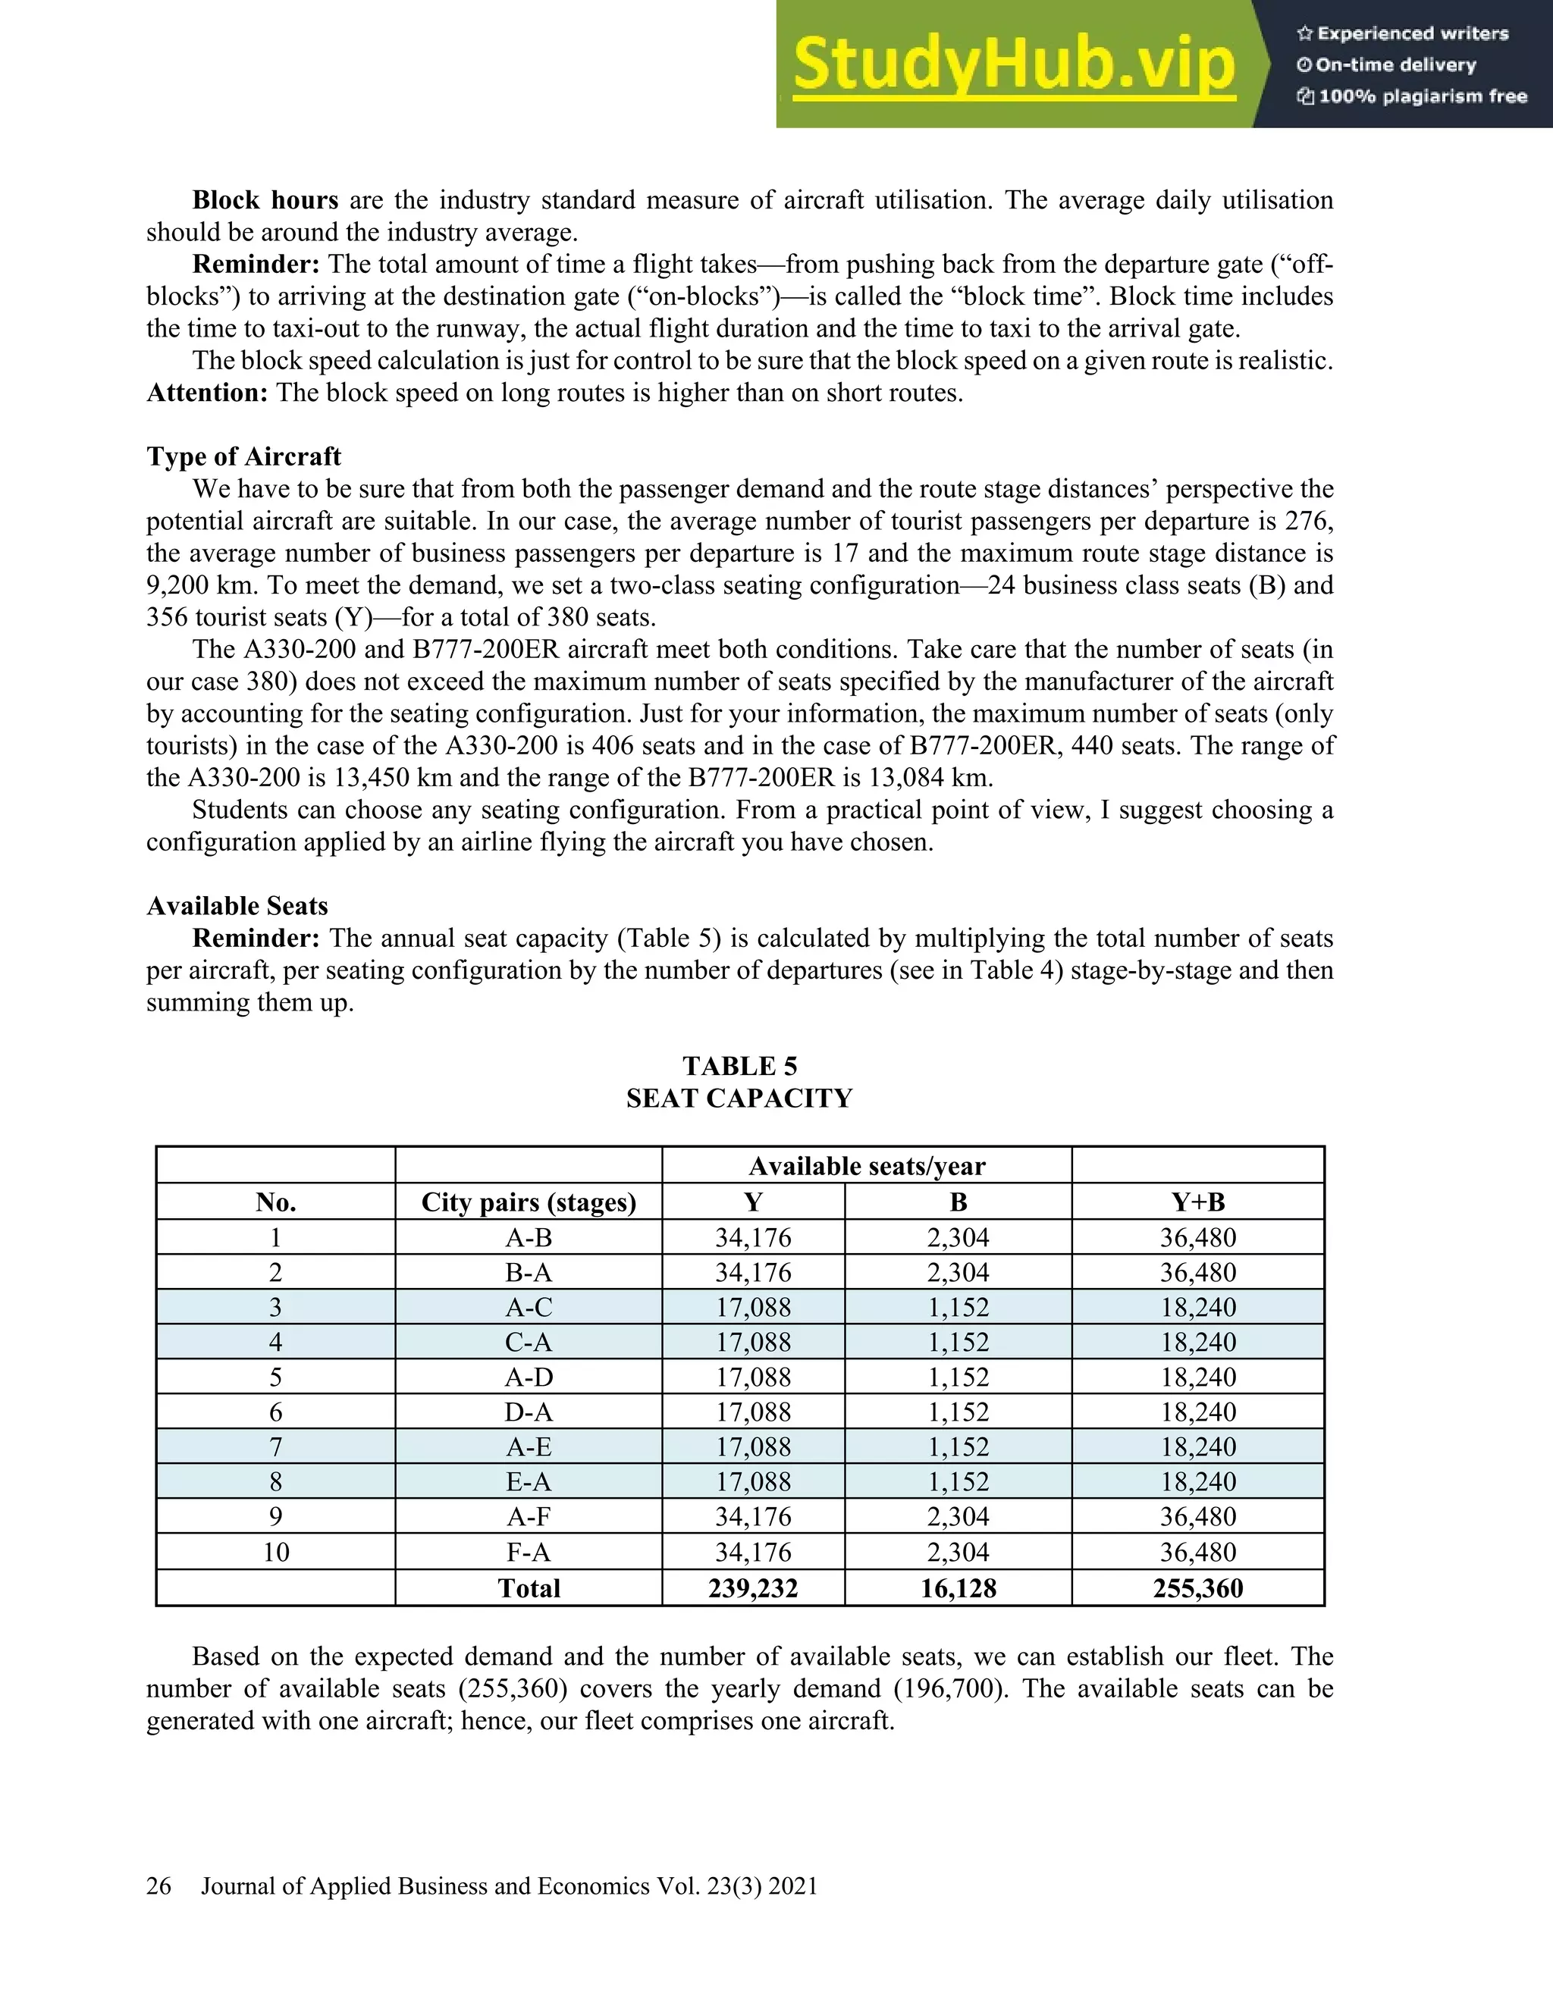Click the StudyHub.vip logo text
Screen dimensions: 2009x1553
coord(1013,65)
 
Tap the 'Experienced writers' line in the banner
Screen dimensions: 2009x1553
coord(1403,34)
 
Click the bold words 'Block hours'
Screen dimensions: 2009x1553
coord(265,201)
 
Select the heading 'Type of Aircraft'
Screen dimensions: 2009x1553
coord(244,456)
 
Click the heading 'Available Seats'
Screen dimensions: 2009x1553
coord(237,906)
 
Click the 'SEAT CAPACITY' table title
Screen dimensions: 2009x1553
coord(739,1099)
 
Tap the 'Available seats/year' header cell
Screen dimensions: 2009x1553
coord(867,1167)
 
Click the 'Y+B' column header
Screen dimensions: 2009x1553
coord(1198,1202)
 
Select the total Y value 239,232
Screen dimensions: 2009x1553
coord(752,1588)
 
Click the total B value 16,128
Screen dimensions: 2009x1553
coord(958,1588)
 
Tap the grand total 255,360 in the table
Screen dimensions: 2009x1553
coord(1198,1588)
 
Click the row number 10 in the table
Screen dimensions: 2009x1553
coord(276,1553)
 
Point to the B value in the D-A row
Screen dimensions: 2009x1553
coord(958,1412)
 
